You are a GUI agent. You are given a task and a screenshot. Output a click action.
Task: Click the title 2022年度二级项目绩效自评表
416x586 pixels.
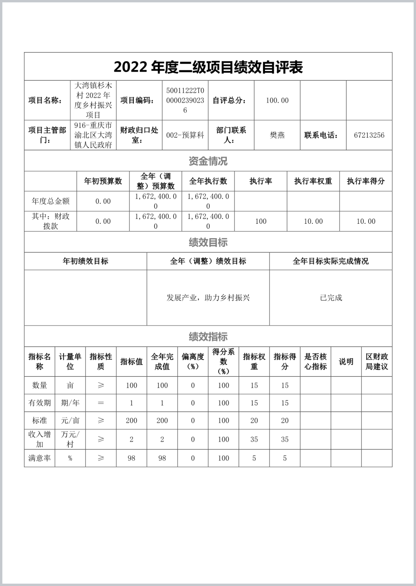coord(208,67)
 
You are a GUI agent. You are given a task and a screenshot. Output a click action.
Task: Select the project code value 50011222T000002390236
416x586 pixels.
coord(185,100)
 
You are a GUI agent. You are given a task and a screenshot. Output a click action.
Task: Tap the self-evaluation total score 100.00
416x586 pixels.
coord(277,100)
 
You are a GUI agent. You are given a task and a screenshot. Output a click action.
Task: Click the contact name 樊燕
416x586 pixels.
coord(277,135)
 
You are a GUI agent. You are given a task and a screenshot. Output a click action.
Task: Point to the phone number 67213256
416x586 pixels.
coord(369,135)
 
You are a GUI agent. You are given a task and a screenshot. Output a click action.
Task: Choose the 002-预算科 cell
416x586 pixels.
coord(185,135)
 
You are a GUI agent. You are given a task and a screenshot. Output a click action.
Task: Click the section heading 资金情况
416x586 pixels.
coord(208,161)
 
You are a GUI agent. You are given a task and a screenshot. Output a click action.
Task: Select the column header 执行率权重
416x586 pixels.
coord(313,181)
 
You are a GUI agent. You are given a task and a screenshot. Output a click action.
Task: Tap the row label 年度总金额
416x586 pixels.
coord(51,201)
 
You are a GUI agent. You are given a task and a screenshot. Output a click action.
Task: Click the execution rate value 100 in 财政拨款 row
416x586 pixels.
coord(261,221)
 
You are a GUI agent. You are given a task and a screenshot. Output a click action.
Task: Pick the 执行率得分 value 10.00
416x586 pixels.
coord(366,221)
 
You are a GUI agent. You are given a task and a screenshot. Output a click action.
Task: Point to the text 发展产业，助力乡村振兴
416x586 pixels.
coord(208,298)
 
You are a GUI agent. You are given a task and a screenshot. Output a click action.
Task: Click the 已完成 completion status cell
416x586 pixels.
coord(331,298)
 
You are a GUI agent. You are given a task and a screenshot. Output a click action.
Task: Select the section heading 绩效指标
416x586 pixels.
coord(208,336)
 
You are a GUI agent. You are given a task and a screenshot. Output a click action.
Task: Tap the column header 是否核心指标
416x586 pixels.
coord(316,361)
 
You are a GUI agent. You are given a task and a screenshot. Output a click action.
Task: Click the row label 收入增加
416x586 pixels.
coord(40,439)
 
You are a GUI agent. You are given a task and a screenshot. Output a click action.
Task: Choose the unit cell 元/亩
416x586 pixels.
coord(70,420)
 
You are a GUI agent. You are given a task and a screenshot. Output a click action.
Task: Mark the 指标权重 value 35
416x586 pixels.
coord(254,439)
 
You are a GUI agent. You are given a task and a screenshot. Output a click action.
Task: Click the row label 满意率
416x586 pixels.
coord(40,458)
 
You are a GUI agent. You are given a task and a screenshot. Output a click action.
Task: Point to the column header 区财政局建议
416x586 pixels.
coord(377,361)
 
